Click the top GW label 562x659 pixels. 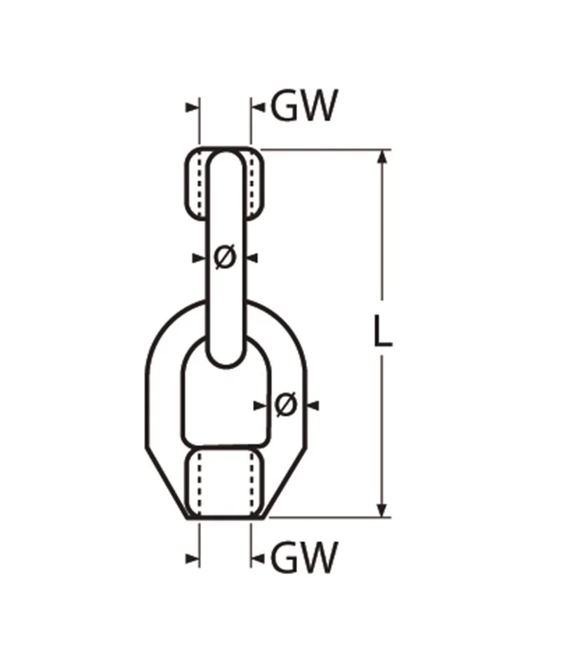click(x=304, y=105)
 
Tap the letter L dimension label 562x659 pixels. click(x=382, y=331)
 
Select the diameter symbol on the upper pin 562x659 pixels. click(x=225, y=257)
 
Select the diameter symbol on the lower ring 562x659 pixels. click(x=286, y=405)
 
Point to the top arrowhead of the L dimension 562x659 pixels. click(x=382, y=157)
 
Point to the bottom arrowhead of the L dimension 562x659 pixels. click(x=382, y=510)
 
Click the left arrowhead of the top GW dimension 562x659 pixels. click(x=192, y=107)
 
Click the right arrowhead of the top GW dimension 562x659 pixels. click(x=258, y=107)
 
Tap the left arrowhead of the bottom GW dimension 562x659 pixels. click(x=192, y=559)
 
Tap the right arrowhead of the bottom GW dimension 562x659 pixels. click(x=258, y=559)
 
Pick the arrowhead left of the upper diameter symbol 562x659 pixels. click(x=199, y=258)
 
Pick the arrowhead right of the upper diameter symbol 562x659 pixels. click(x=252, y=258)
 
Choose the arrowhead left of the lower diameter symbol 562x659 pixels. click(x=261, y=406)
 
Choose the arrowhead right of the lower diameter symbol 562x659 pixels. click(x=313, y=406)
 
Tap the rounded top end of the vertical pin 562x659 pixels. click(x=226, y=159)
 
